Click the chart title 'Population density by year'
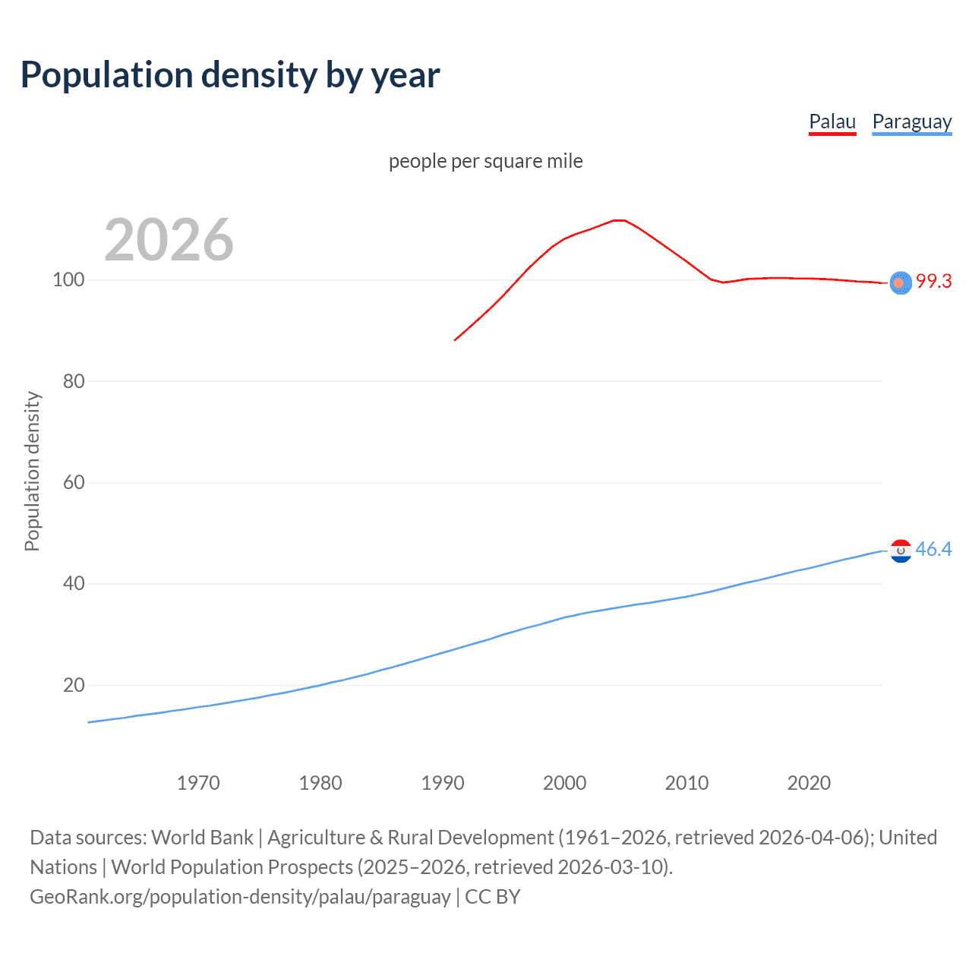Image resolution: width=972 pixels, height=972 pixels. [x=230, y=75]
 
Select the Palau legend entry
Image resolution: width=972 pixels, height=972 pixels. [x=832, y=121]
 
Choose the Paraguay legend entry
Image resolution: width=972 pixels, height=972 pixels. [x=911, y=121]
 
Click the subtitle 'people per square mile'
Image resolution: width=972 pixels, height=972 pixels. [x=485, y=161]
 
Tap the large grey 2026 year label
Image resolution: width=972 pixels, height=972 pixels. [x=169, y=240]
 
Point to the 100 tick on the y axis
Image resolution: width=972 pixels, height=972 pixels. [x=68, y=280]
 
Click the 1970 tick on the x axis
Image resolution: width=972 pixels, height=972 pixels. [x=198, y=783]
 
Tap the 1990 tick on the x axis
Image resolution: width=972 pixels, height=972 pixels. [x=443, y=783]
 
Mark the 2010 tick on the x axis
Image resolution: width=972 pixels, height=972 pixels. [x=686, y=783]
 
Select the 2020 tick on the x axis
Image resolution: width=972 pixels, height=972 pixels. [x=809, y=783]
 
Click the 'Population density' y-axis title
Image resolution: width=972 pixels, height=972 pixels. [x=32, y=471]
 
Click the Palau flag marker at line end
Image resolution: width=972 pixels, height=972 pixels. [x=901, y=282]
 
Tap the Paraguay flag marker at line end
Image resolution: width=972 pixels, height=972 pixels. [x=901, y=551]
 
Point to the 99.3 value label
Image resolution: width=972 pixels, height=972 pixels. [x=933, y=282]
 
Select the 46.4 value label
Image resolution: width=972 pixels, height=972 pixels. [x=933, y=550]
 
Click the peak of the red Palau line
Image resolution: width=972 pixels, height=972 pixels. [x=619, y=220]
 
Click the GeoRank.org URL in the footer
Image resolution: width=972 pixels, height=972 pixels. [x=240, y=897]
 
